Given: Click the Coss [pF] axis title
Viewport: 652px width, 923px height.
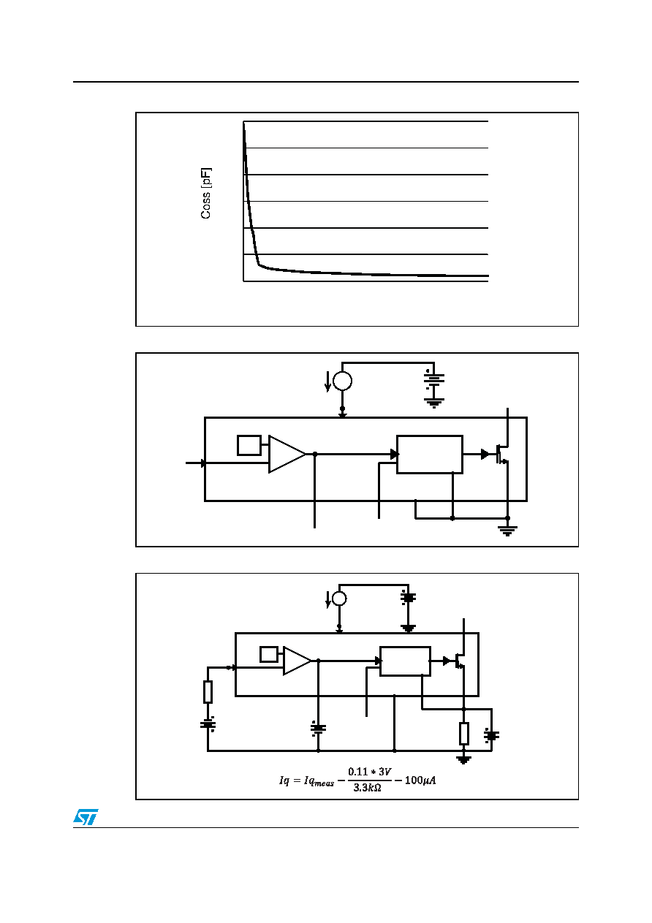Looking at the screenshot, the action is [205, 193].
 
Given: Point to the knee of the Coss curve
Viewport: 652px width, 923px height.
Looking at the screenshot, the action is [259, 264].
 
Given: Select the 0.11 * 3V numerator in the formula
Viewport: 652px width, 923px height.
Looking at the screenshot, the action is [369, 772].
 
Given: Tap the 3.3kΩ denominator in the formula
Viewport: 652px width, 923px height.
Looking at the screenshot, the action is [367, 787].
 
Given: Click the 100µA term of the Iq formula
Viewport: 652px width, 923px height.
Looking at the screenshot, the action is [420, 780].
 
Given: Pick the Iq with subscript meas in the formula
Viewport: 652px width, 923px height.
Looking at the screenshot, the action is [319, 780].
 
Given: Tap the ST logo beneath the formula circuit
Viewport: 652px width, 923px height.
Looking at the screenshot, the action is [86, 817].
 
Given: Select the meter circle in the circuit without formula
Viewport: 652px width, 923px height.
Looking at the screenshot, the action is [342, 381].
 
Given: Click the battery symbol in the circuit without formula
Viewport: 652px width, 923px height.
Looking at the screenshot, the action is [434, 379].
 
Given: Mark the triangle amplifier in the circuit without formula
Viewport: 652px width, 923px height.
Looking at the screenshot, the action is [287, 454].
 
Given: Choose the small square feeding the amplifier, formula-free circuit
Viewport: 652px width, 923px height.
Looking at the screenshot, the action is [249, 446].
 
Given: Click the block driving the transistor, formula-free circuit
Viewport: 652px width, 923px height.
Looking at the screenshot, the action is [430, 455].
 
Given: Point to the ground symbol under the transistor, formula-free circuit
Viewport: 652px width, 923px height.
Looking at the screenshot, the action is [507, 531].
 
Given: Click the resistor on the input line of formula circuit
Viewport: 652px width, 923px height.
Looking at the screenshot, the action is [208, 691].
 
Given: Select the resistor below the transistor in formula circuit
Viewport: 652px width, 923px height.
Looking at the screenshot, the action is [463, 733].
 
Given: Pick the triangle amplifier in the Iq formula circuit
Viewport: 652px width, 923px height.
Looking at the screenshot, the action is [297, 661].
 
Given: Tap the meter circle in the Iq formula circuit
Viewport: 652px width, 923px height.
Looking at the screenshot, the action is [339, 599].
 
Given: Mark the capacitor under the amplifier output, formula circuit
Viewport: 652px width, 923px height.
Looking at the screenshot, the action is [318, 729].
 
